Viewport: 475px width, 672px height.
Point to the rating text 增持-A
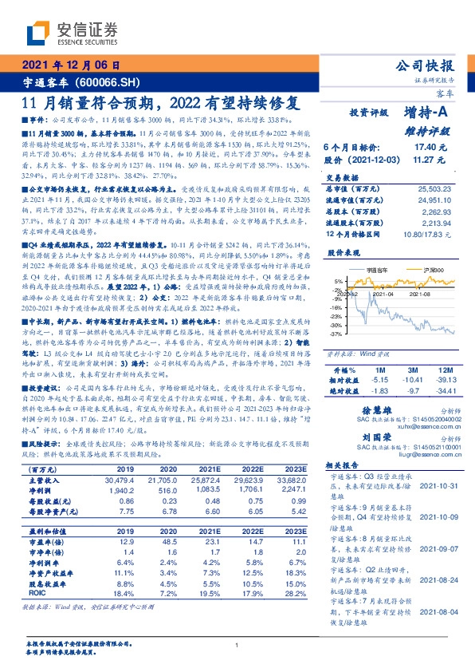point(426,113)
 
